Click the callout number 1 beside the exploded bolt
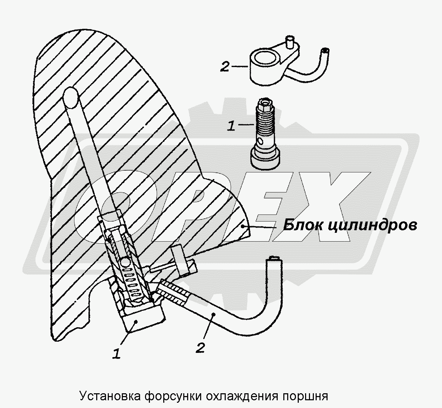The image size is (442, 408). tap(231, 126)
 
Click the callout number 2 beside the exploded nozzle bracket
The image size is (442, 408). tap(225, 66)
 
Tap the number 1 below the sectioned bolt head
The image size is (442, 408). tap(117, 353)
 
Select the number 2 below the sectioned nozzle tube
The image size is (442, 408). tap(200, 348)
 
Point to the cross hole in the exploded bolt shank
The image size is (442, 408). tap(260, 142)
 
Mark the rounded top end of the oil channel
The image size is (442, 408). tap(72, 97)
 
